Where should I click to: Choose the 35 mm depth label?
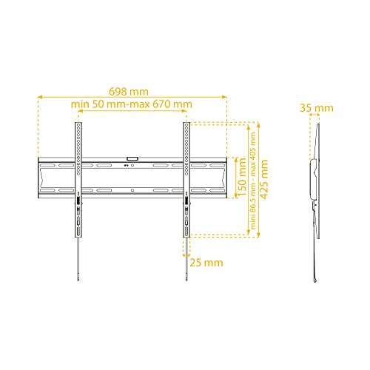pyautogui.click(x=317, y=108)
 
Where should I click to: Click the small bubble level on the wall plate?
pyautogui.click(x=132, y=158)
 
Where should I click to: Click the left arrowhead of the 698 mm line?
pyautogui.click(x=38, y=95)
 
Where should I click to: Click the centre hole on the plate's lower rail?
pyautogui.click(x=132, y=190)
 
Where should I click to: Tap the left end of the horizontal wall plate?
pyautogui.click(x=38, y=177)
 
